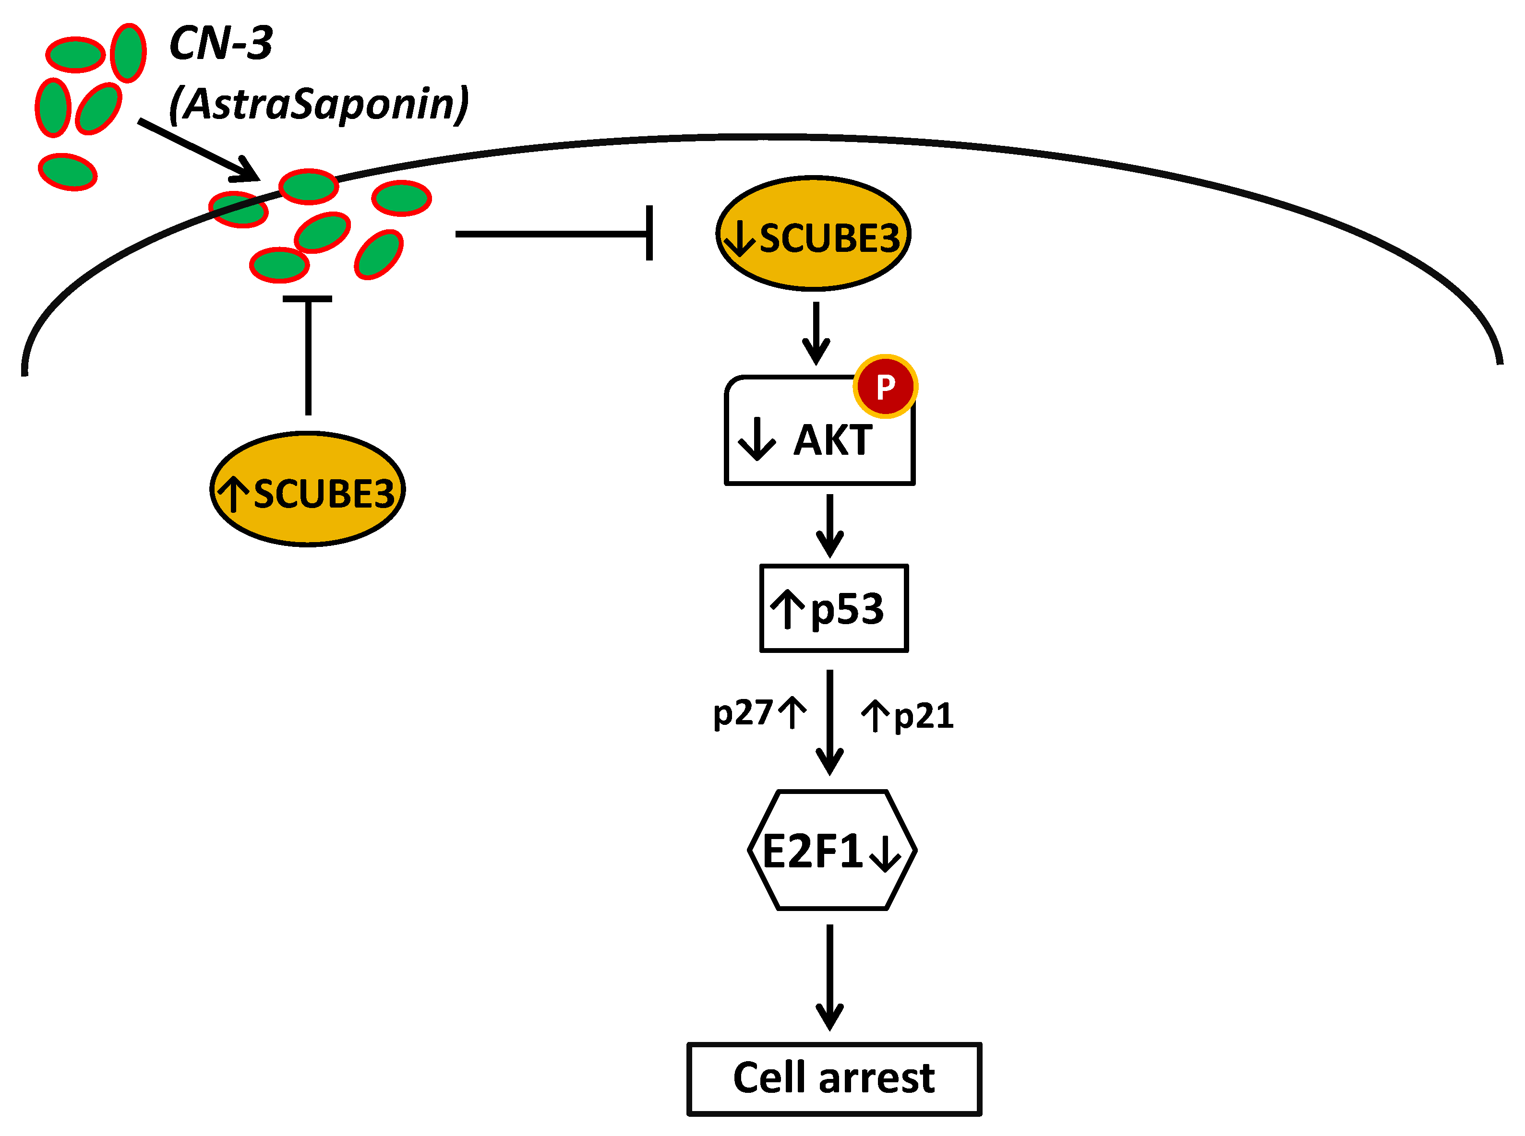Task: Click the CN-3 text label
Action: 220,43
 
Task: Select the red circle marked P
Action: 885,387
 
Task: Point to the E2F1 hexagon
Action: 832,851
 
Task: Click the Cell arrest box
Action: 834,1078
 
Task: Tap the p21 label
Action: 923,716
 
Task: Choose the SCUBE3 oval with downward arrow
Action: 813,234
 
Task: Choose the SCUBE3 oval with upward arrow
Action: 308,490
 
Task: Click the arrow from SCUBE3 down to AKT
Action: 817,333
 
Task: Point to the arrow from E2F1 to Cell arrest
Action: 829,976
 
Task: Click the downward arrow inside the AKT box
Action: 756,439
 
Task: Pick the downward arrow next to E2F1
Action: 885,853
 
